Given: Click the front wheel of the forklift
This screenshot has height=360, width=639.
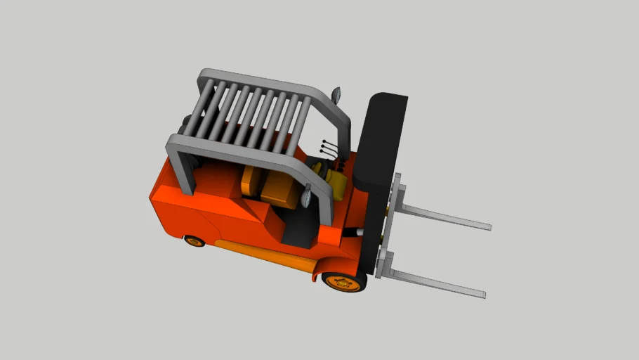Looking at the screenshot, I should [345, 281].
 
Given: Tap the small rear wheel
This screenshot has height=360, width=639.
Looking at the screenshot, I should [195, 240].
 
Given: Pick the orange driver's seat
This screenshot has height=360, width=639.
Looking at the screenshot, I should [279, 188].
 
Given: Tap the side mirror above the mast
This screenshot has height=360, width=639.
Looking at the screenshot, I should [336, 94].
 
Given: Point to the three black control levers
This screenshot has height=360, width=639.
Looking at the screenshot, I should [327, 148].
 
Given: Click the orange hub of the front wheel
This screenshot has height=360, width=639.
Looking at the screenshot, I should [343, 283].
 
